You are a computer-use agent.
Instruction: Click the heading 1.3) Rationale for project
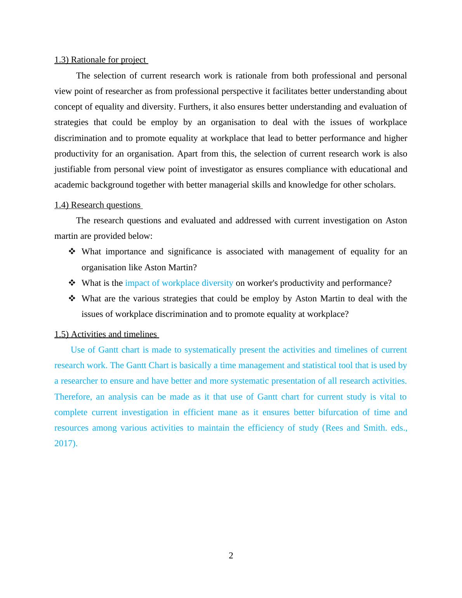click(101, 60)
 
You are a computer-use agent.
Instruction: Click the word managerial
click(227, 185)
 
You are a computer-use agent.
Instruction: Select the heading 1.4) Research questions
click(98, 205)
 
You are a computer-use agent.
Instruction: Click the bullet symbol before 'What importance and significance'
click(72, 252)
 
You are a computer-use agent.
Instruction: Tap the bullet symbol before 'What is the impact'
click(72, 283)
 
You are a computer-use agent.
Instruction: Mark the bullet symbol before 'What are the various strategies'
click(72, 299)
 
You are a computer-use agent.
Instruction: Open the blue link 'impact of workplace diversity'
click(179, 283)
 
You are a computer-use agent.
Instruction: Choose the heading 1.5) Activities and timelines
click(106, 334)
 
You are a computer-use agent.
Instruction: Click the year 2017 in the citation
click(64, 443)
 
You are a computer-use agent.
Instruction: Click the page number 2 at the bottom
click(231, 556)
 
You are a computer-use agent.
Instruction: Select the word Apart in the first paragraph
click(188, 154)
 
